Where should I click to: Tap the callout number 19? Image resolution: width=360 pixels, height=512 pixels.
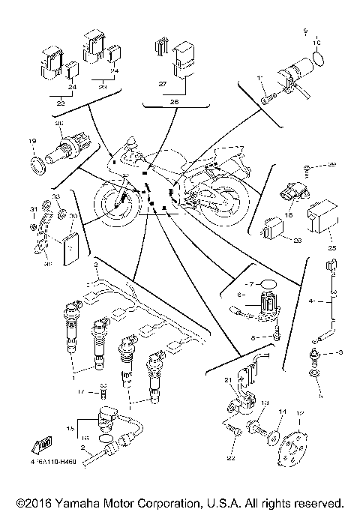click(x=32, y=140)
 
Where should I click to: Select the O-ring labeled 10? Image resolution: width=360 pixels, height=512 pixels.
click(x=319, y=56)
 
